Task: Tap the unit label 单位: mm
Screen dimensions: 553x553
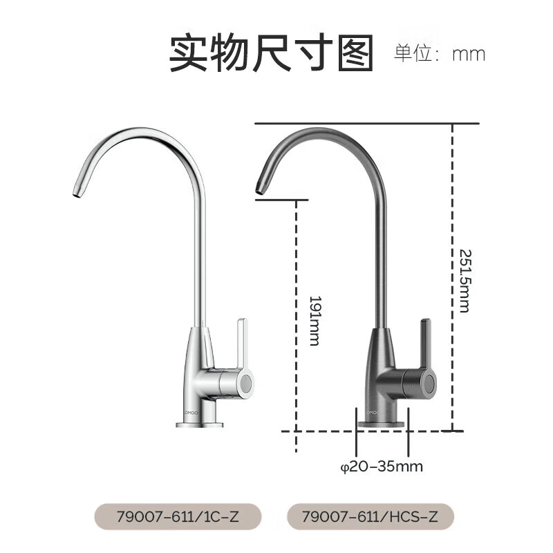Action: click(x=440, y=54)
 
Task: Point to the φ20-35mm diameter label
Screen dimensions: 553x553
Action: click(x=382, y=467)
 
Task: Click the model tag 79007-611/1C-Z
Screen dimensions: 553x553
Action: click(x=178, y=516)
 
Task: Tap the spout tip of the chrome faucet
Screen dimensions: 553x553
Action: click(x=76, y=193)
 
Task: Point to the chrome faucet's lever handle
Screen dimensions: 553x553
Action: click(x=241, y=342)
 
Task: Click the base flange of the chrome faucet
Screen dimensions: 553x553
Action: click(x=199, y=422)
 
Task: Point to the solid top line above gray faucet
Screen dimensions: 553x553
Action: click(x=366, y=123)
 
